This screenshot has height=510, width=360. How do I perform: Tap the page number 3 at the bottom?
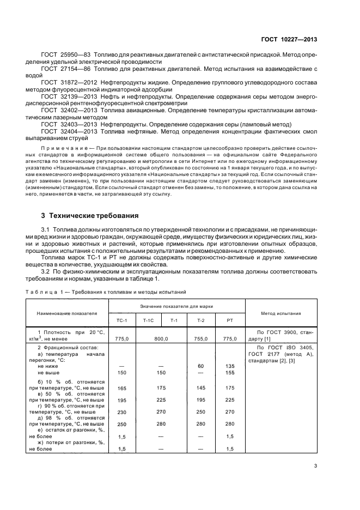coord(316,465)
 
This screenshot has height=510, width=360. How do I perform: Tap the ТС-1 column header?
coord(122,320)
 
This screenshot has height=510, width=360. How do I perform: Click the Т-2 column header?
coord(200,320)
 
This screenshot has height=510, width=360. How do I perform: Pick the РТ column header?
coord(229,320)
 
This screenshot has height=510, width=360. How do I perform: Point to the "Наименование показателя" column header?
coord(67,313)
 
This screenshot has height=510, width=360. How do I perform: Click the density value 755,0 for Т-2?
coord(200,338)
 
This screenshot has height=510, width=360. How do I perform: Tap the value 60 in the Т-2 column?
coord(200,366)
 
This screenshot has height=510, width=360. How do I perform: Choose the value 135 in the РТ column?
coord(229,366)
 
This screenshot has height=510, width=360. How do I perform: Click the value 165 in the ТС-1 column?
coord(122,387)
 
